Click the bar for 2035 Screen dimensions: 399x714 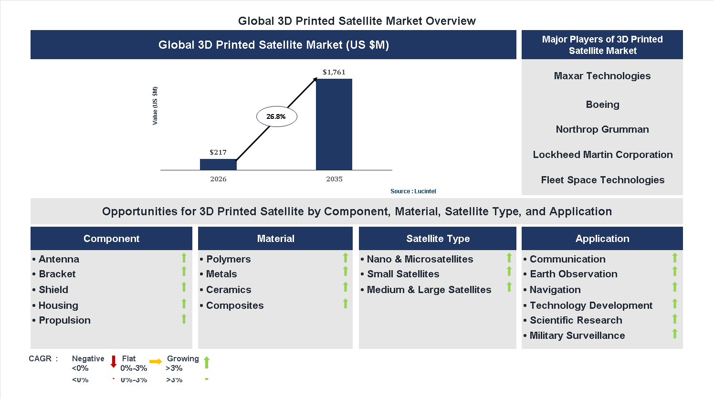click(334, 124)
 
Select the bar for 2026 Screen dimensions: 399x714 click(218, 164)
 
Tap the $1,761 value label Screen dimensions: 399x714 click(334, 72)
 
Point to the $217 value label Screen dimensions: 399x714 click(218, 152)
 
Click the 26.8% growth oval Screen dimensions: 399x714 click(277, 116)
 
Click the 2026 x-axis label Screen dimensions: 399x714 click(218, 179)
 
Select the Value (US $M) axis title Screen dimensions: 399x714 click(155, 106)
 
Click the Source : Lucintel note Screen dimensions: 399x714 click(413, 191)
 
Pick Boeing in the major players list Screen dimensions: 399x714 click(602, 105)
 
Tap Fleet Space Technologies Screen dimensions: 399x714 click(602, 180)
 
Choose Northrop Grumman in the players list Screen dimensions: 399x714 click(602, 129)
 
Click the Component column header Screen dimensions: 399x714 click(111, 239)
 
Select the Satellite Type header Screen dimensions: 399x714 click(438, 239)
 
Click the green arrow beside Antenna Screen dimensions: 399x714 click(184, 258)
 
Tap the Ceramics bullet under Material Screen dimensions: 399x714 click(228, 290)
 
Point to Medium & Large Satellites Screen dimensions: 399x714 click(429, 290)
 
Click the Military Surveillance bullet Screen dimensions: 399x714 click(577, 336)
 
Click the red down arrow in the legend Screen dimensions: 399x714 click(114, 362)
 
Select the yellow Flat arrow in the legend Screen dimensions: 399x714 click(156, 362)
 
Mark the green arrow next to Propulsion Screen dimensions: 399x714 click(184, 319)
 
